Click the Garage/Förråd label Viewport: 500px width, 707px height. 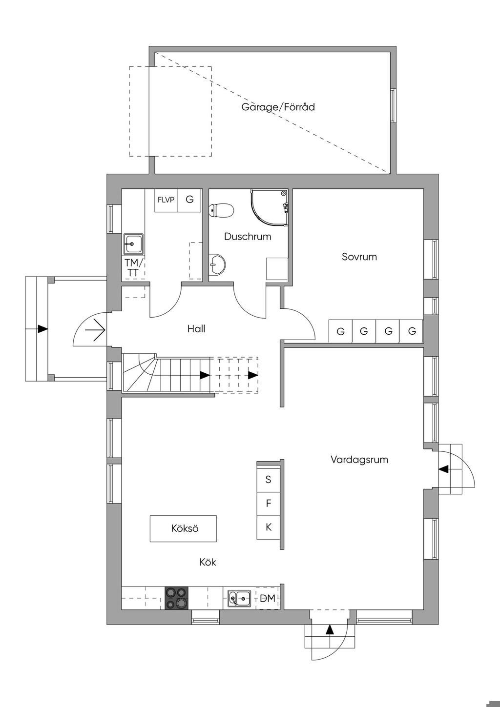(278, 107)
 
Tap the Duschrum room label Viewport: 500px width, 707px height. (248, 237)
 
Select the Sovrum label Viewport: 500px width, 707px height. (359, 257)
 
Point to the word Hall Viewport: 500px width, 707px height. (196, 328)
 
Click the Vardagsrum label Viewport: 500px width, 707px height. (359, 459)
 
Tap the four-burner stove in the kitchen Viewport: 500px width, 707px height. (177, 598)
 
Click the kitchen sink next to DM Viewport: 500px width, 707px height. (239, 598)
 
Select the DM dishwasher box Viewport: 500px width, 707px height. (268, 598)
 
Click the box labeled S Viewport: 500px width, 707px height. (268, 480)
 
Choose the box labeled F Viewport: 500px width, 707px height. (268, 504)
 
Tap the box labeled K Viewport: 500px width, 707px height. (268, 527)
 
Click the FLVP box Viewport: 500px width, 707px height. (166, 200)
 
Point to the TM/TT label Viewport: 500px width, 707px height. (134, 267)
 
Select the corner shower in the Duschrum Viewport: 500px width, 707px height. (270, 208)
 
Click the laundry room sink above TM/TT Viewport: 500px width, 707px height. (133, 244)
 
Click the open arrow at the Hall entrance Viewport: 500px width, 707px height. (95, 330)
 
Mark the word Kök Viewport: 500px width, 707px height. (208, 562)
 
